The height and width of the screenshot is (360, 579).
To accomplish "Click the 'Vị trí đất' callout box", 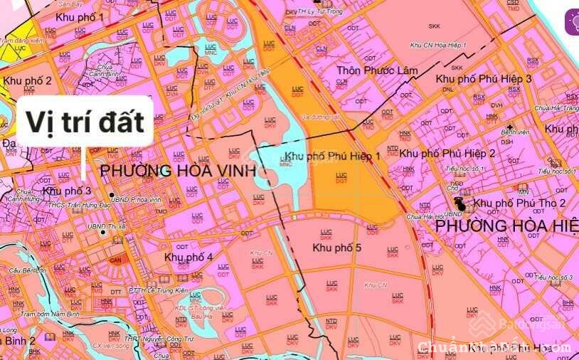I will coord(85,122).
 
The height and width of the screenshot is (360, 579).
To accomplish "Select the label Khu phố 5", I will coord(337,248).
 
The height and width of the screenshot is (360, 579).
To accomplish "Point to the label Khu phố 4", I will coord(188,257).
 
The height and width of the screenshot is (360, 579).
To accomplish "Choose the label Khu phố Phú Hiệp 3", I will coord(484,78).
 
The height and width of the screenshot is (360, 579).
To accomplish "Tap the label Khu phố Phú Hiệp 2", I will coord(447,153).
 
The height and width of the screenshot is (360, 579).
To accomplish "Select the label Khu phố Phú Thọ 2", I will coord(519,203).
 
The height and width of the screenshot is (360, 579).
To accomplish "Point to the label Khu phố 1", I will coord(79,16).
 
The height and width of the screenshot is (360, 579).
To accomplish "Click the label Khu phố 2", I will coord(27,81).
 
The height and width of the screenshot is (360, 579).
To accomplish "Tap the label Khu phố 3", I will coord(67,191).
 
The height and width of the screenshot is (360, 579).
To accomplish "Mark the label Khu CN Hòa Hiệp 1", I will coord(438,45).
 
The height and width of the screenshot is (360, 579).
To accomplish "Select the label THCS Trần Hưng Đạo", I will coord(75,204).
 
